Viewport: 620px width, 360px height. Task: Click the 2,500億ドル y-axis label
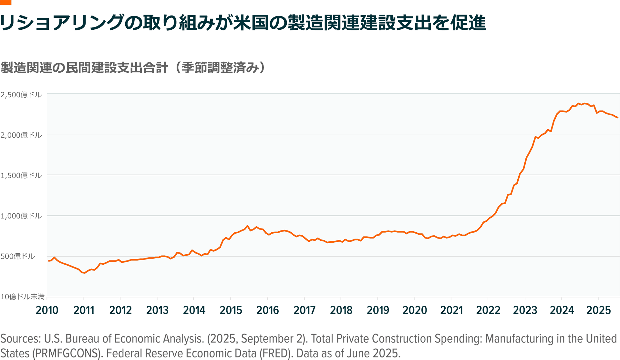(x=21, y=95)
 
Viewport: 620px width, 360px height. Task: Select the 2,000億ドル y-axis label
(x=21, y=135)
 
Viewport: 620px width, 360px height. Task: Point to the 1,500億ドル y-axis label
(x=21, y=175)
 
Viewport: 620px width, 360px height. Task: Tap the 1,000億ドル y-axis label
(x=21, y=216)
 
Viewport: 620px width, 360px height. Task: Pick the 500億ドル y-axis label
(x=18, y=256)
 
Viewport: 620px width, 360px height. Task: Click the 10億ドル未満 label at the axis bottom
(x=23, y=297)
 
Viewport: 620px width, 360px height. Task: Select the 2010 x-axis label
(x=47, y=310)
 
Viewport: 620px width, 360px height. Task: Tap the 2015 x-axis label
(x=231, y=310)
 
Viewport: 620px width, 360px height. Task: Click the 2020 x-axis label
(x=415, y=310)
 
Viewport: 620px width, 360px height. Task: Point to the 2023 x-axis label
(x=525, y=310)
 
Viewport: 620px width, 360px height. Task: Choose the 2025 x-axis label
(x=599, y=310)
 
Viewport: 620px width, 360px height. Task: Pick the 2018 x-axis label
(x=341, y=310)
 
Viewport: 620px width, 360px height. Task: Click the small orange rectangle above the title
(x=6, y=3)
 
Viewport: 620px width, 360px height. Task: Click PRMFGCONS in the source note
(x=68, y=353)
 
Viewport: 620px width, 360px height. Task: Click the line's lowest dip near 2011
(x=85, y=273)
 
